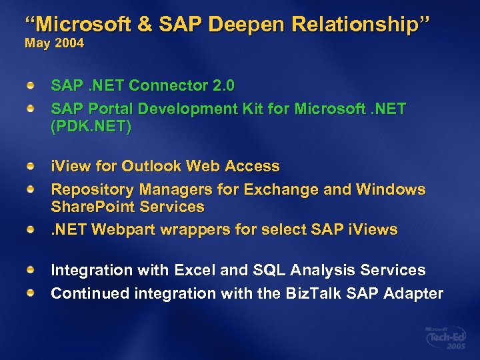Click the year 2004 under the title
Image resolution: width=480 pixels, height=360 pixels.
[x=69, y=43]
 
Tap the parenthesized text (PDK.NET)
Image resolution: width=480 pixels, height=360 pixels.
[x=91, y=127]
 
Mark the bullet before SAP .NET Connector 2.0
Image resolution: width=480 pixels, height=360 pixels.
[x=31, y=86]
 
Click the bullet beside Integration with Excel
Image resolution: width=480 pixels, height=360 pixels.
[x=31, y=271]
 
